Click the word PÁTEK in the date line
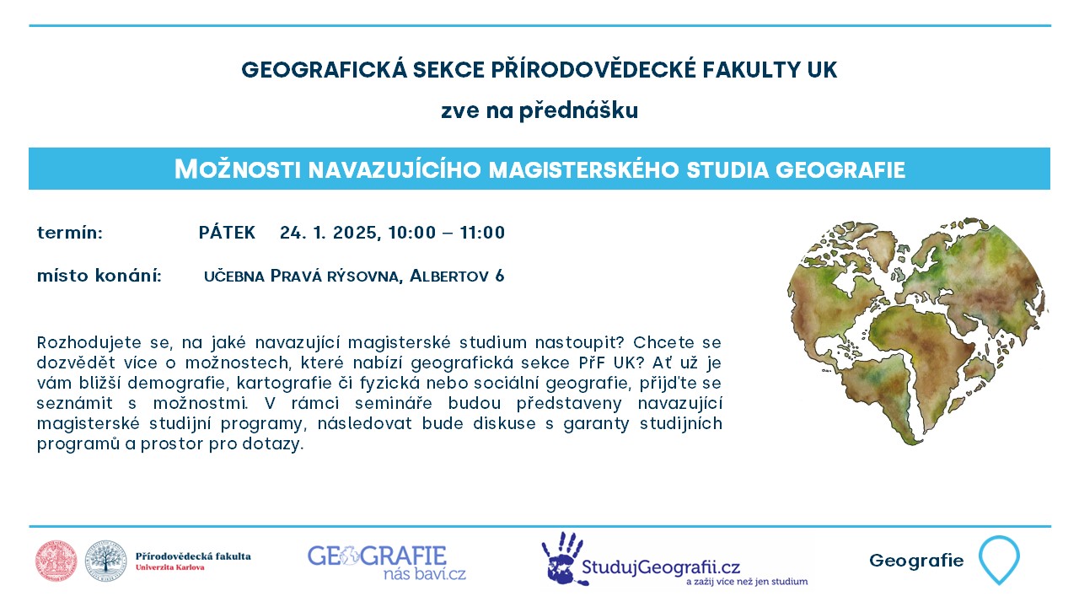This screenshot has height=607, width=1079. (x=227, y=233)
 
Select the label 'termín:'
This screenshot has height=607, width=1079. (x=70, y=234)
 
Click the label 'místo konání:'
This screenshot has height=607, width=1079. (x=99, y=276)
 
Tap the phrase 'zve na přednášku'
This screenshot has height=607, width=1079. (x=539, y=110)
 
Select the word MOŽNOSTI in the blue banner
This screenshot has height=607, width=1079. (x=238, y=169)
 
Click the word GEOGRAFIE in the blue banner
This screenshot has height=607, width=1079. (x=840, y=170)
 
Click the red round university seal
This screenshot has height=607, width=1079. (x=56, y=561)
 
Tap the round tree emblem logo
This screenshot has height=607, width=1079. (x=106, y=561)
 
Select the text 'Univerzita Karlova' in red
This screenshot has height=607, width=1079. (x=170, y=567)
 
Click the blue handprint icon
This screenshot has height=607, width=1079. (x=562, y=559)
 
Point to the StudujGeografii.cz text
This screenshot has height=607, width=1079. (x=661, y=567)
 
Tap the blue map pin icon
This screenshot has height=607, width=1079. (x=999, y=560)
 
